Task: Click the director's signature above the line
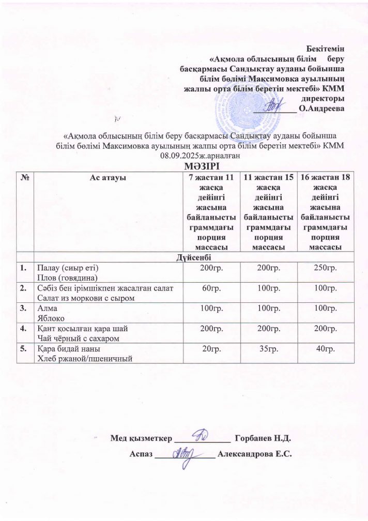275,106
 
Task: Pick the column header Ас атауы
109,177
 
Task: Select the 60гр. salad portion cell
209,288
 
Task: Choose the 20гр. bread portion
209,350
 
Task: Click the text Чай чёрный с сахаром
73,338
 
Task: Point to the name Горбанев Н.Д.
263,439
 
